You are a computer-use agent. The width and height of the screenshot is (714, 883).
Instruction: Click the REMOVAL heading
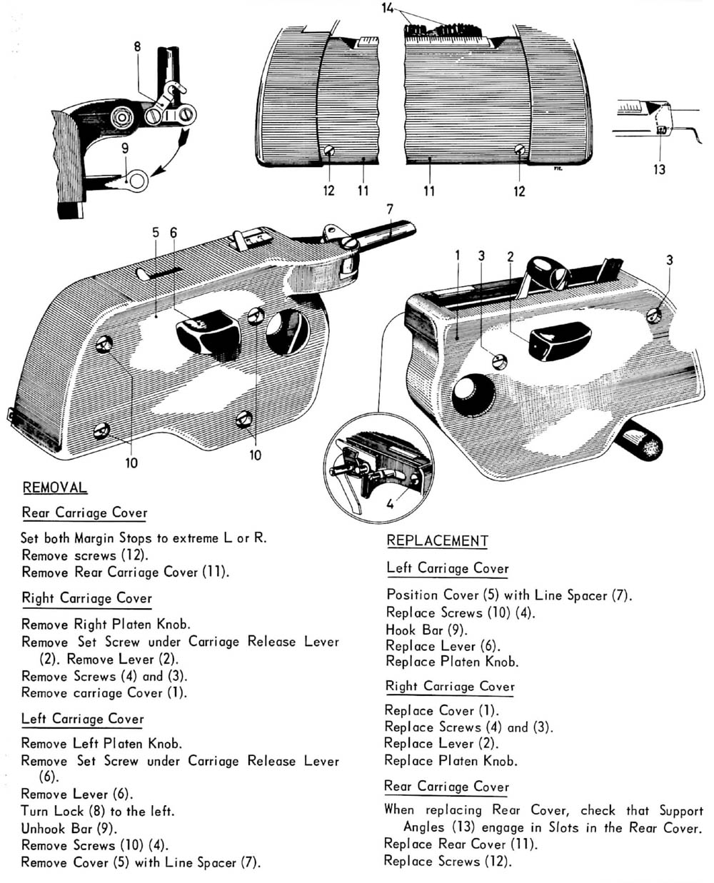click(x=55, y=488)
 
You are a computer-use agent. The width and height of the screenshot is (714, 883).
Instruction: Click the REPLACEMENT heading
click(x=437, y=540)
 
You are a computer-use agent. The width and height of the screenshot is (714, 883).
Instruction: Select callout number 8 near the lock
click(x=137, y=47)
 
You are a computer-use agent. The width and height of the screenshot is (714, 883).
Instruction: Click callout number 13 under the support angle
click(x=659, y=169)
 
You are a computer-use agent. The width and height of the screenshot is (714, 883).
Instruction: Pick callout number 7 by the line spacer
click(x=390, y=209)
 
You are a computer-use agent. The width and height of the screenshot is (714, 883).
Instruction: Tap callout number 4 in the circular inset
click(x=389, y=503)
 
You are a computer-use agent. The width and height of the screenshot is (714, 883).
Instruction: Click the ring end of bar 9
click(x=136, y=181)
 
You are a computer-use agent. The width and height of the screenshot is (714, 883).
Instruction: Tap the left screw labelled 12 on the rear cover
click(x=330, y=151)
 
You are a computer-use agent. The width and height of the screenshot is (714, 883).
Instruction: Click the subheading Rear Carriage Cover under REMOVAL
click(x=84, y=513)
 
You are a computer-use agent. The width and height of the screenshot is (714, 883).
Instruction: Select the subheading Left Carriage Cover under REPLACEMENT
click(x=448, y=568)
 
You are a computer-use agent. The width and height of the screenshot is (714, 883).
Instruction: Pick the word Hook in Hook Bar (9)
click(x=401, y=630)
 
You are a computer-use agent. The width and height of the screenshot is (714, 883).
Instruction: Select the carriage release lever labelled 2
click(x=561, y=337)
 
